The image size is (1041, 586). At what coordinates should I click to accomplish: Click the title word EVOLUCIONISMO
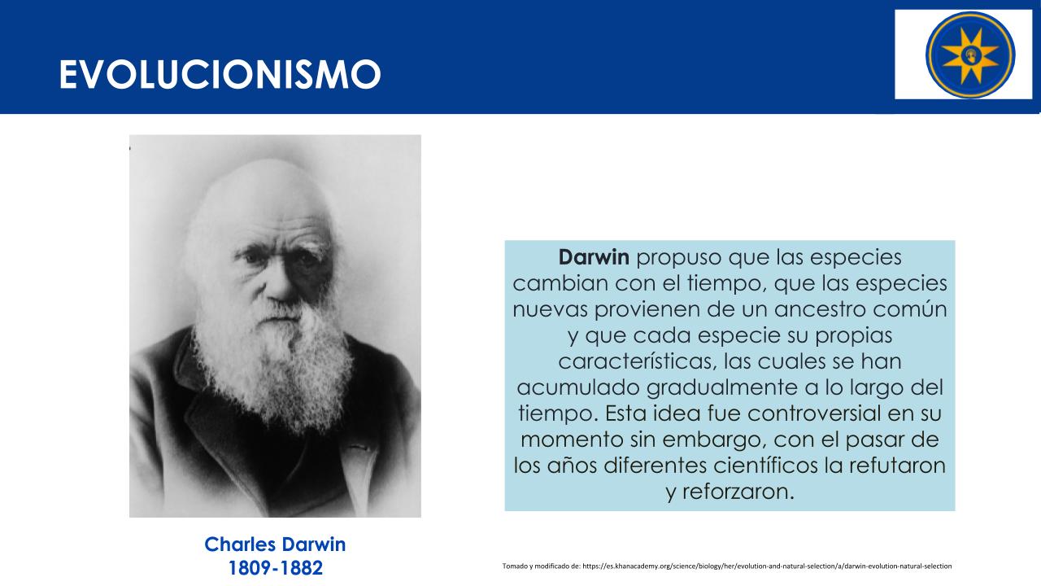[220, 74]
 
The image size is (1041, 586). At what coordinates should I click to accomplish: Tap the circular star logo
[970, 55]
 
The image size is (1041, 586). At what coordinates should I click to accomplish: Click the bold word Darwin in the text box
[594, 257]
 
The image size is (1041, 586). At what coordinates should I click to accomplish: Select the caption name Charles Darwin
[275, 544]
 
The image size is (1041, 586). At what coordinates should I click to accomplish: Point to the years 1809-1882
[275, 568]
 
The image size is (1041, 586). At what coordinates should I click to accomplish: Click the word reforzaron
[736, 492]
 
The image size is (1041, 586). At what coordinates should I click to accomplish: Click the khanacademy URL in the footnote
[767, 566]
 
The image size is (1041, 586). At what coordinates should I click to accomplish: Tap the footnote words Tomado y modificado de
[542, 566]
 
